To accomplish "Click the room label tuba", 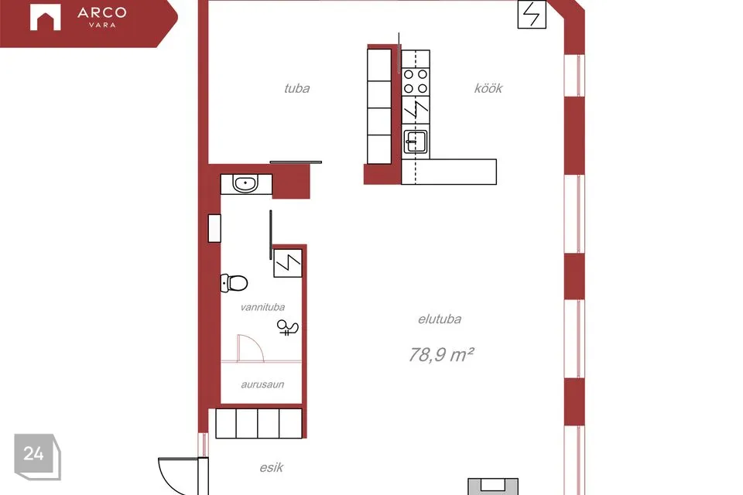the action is click(296, 88).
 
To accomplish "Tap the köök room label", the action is click(488, 88).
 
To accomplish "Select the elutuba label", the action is click(440, 319).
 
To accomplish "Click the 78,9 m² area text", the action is click(441, 354).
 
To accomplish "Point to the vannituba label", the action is click(262, 307).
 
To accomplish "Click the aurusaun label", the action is click(262, 384).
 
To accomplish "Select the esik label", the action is click(271, 467).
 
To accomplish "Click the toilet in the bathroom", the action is click(234, 283).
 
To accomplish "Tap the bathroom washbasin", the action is click(245, 184).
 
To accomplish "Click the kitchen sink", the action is click(416, 142).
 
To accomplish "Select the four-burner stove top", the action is click(416, 81).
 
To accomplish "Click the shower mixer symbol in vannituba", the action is click(288, 327).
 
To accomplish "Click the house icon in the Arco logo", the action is click(46, 18).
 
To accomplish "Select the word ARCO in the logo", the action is click(102, 13).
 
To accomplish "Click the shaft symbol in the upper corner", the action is click(532, 14).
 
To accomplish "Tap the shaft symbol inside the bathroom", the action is click(288, 263).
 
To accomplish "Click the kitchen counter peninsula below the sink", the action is click(449, 172).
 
